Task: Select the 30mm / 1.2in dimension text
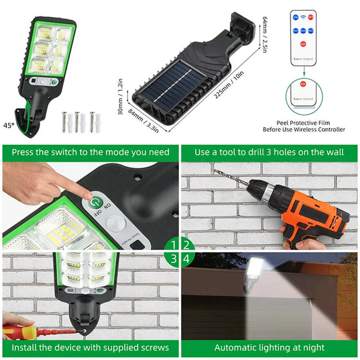tap(121, 97)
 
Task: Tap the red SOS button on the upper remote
tap(303, 44)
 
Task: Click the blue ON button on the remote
tap(296, 17)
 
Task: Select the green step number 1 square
tap(173, 245)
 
